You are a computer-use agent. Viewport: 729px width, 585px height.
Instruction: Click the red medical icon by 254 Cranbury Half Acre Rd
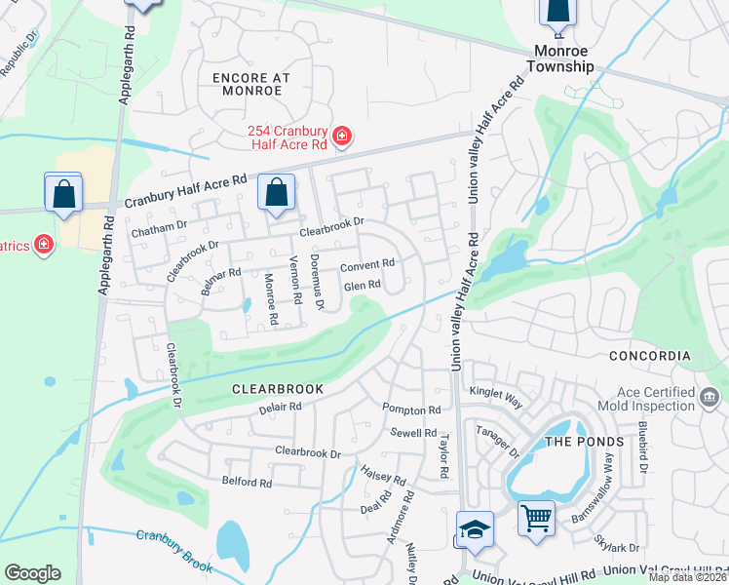[342, 136]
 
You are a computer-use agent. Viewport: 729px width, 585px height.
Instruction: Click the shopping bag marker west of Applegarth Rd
[63, 191]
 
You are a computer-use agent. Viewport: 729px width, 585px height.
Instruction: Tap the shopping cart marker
[536, 517]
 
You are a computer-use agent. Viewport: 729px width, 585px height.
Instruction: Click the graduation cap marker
[475, 528]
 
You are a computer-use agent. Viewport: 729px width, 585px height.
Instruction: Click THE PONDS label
[583, 442]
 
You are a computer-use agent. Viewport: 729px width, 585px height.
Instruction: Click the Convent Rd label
[366, 264]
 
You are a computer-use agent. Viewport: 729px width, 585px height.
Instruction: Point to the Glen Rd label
[362, 285]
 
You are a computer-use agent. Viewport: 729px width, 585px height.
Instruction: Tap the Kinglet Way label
[496, 391]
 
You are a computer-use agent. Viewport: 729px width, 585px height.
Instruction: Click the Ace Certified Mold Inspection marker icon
[710, 396]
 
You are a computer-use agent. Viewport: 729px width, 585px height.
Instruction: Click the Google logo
[32, 573]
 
